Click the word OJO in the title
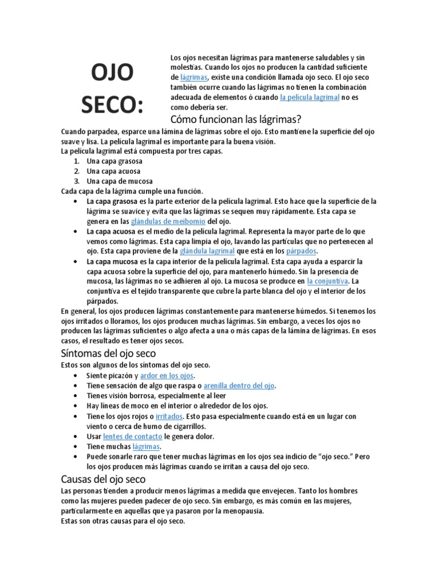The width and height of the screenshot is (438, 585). click(112, 73)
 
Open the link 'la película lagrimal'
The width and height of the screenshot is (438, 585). click(310, 98)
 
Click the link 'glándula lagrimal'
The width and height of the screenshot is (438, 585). click(207, 251)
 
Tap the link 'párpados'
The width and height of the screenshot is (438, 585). click(299, 251)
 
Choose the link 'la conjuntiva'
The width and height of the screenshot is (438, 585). click(327, 281)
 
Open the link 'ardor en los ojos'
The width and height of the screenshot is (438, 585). click(167, 375)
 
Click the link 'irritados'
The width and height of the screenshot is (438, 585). click(168, 416)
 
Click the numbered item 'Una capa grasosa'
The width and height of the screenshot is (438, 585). click(115, 161)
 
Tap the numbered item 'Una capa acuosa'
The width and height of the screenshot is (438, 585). click(113, 171)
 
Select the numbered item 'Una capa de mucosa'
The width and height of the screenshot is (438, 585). click(119, 181)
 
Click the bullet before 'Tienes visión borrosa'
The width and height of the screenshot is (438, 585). click(76, 395)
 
